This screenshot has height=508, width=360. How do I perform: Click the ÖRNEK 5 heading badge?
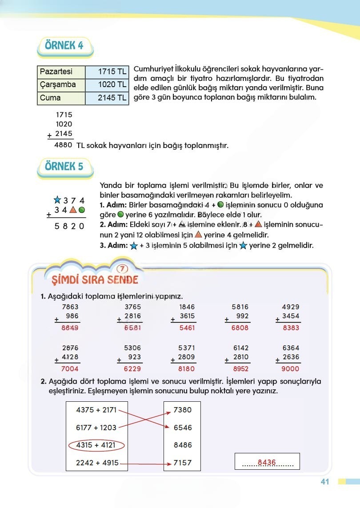click(x=64, y=166)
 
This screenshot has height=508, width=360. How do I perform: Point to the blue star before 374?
click(x=56, y=200)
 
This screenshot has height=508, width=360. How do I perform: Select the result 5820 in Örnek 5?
click(x=69, y=226)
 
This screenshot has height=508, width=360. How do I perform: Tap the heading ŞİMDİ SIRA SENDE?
click(x=92, y=280)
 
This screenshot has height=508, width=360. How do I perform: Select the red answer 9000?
click(x=290, y=368)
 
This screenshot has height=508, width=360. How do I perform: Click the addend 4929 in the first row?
click(x=290, y=307)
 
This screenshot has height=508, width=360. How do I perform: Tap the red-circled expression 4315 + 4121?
click(x=96, y=445)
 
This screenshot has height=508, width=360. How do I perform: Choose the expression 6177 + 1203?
click(x=96, y=428)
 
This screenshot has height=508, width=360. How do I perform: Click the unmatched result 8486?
click(x=182, y=445)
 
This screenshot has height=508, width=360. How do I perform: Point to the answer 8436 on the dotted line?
click(x=267, y=462)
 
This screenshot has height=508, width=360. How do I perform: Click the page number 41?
click(x=324, y=482)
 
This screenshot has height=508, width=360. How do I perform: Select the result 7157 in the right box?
click(x=182, y=463)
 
